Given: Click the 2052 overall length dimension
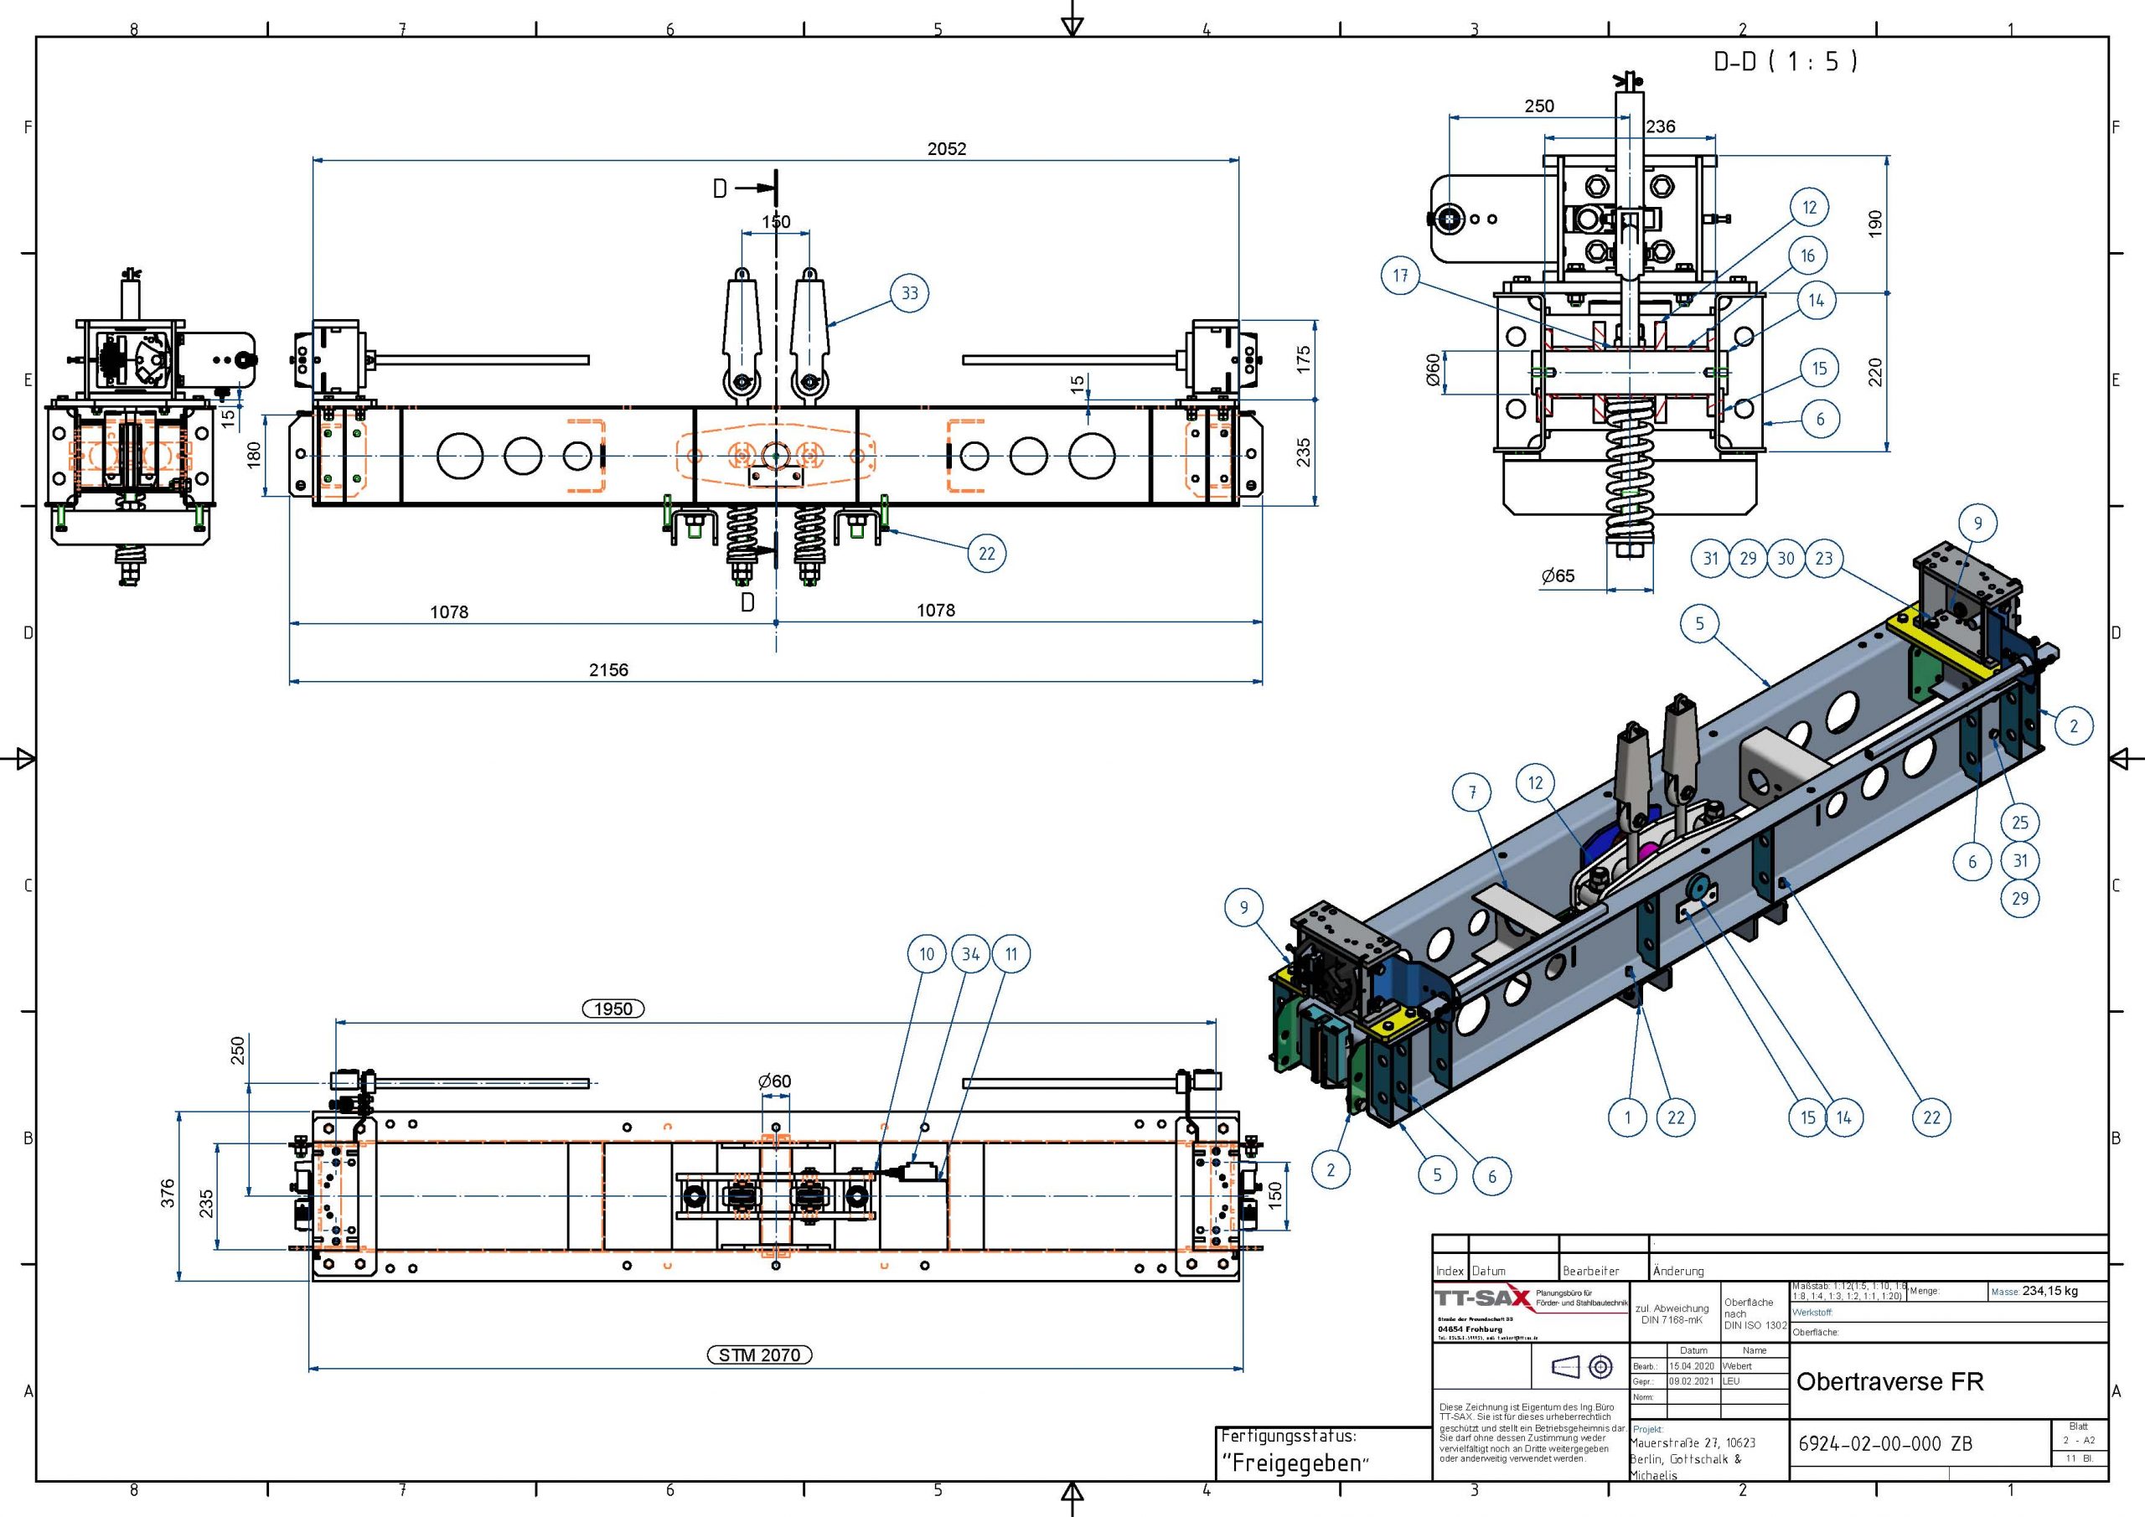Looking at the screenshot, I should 946,148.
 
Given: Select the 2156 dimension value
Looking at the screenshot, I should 608,670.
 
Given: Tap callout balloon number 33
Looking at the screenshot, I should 909,293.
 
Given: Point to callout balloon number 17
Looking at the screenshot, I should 1400,276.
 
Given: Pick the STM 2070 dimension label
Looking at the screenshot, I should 759,1354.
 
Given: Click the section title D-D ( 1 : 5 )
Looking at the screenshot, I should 1786,62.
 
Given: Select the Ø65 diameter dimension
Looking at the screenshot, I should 1558,576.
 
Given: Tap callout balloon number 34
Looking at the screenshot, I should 970,954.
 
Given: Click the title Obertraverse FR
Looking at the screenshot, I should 1889,1381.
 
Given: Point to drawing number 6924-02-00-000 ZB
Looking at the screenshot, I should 1884,1443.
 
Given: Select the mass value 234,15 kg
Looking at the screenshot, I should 2049,1291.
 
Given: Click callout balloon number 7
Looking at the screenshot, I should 1472,793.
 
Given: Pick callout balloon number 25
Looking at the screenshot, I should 2020,823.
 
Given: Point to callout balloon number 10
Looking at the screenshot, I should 926,954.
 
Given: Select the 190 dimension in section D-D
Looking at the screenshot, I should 1875,224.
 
